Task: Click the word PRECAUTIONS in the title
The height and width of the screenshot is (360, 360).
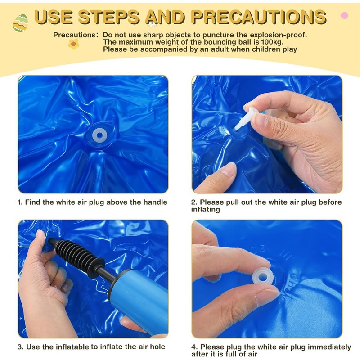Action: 258,17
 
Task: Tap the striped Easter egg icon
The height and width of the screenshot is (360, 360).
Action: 20,23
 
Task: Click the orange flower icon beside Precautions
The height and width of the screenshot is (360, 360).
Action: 74,44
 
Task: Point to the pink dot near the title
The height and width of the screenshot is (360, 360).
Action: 344,15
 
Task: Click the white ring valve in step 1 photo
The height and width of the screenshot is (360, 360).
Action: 99,136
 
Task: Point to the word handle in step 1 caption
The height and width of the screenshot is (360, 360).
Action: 155,202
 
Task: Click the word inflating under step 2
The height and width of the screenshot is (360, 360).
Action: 206,210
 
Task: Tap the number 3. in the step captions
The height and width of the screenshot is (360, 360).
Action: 21,347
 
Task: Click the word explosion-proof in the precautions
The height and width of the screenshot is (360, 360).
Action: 278,35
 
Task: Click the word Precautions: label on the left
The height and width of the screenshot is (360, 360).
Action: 76,35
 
